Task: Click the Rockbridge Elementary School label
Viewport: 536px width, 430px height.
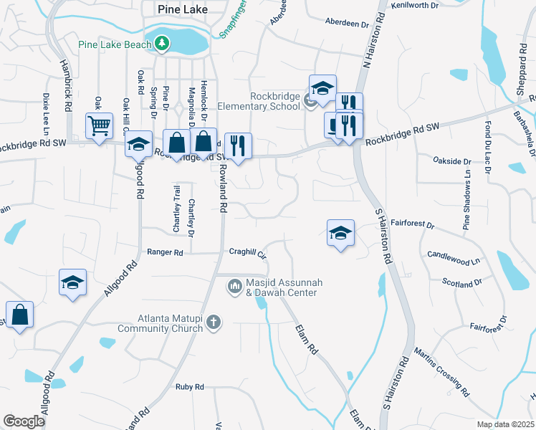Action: tap(274, 102)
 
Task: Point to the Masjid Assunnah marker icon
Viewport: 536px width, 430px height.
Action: tap(234, 287)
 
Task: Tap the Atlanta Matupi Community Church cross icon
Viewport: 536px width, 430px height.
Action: tap(213, 323)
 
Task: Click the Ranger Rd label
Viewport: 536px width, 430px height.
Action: tap(165, 252)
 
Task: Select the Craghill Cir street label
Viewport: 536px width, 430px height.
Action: tap(248, 253)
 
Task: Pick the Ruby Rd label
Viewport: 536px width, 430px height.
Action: tap(190, 387)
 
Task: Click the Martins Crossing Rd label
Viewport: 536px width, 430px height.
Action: tap(441, 371)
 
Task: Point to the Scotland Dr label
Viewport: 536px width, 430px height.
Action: tap(462, 284)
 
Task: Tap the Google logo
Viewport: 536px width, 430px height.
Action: tap(24, 421)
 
